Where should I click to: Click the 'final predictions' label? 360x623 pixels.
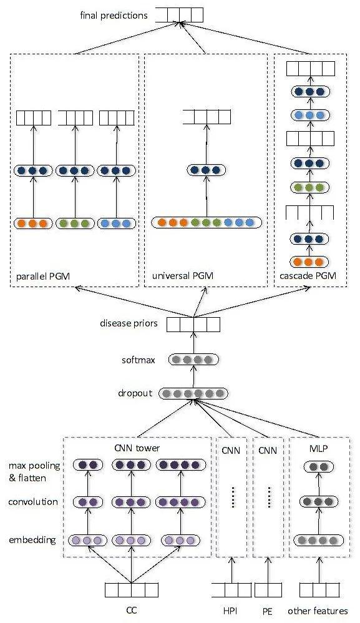(114, 16)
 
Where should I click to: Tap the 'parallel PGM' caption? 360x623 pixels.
(43, 276)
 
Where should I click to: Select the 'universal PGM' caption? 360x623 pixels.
(183, 276)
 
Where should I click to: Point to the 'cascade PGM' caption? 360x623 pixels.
(308, 276)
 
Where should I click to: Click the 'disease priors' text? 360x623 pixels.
(129, 323)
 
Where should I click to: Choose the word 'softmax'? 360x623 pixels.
(139, 360)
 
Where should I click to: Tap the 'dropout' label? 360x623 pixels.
(135, 393)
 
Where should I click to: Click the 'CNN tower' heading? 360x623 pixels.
(137, 448)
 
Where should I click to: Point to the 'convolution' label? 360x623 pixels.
(33, 502)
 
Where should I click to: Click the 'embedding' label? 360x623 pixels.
(32, 540)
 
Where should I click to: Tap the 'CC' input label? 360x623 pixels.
(132, 610)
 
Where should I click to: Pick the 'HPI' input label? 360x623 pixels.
(230, 611)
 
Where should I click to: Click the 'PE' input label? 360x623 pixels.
(268, 611)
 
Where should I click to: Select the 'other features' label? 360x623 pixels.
(318, 611)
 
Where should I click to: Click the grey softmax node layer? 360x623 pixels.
(193, 360)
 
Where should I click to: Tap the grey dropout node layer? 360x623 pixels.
(193, 394)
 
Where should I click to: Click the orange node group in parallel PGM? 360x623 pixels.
(33, 223)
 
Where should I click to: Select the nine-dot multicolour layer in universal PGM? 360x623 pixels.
(207, 222)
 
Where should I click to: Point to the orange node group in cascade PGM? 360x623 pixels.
(309, 262)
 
